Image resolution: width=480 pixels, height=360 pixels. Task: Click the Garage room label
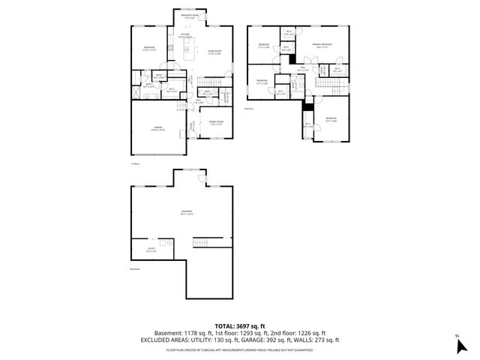click(x=157, y=128)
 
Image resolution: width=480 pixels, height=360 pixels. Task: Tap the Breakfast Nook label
click(x=190, y=15)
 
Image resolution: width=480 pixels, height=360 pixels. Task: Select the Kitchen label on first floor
click(x=185, y=34)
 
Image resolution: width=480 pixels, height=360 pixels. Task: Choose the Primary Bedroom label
click(x=324, y=46)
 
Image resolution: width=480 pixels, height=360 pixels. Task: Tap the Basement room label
click(x=187, y=213)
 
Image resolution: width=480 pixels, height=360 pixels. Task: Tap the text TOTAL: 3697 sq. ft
click(x=240, y=325)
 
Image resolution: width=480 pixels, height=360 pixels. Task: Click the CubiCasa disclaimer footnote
click(x=240, y=349)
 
